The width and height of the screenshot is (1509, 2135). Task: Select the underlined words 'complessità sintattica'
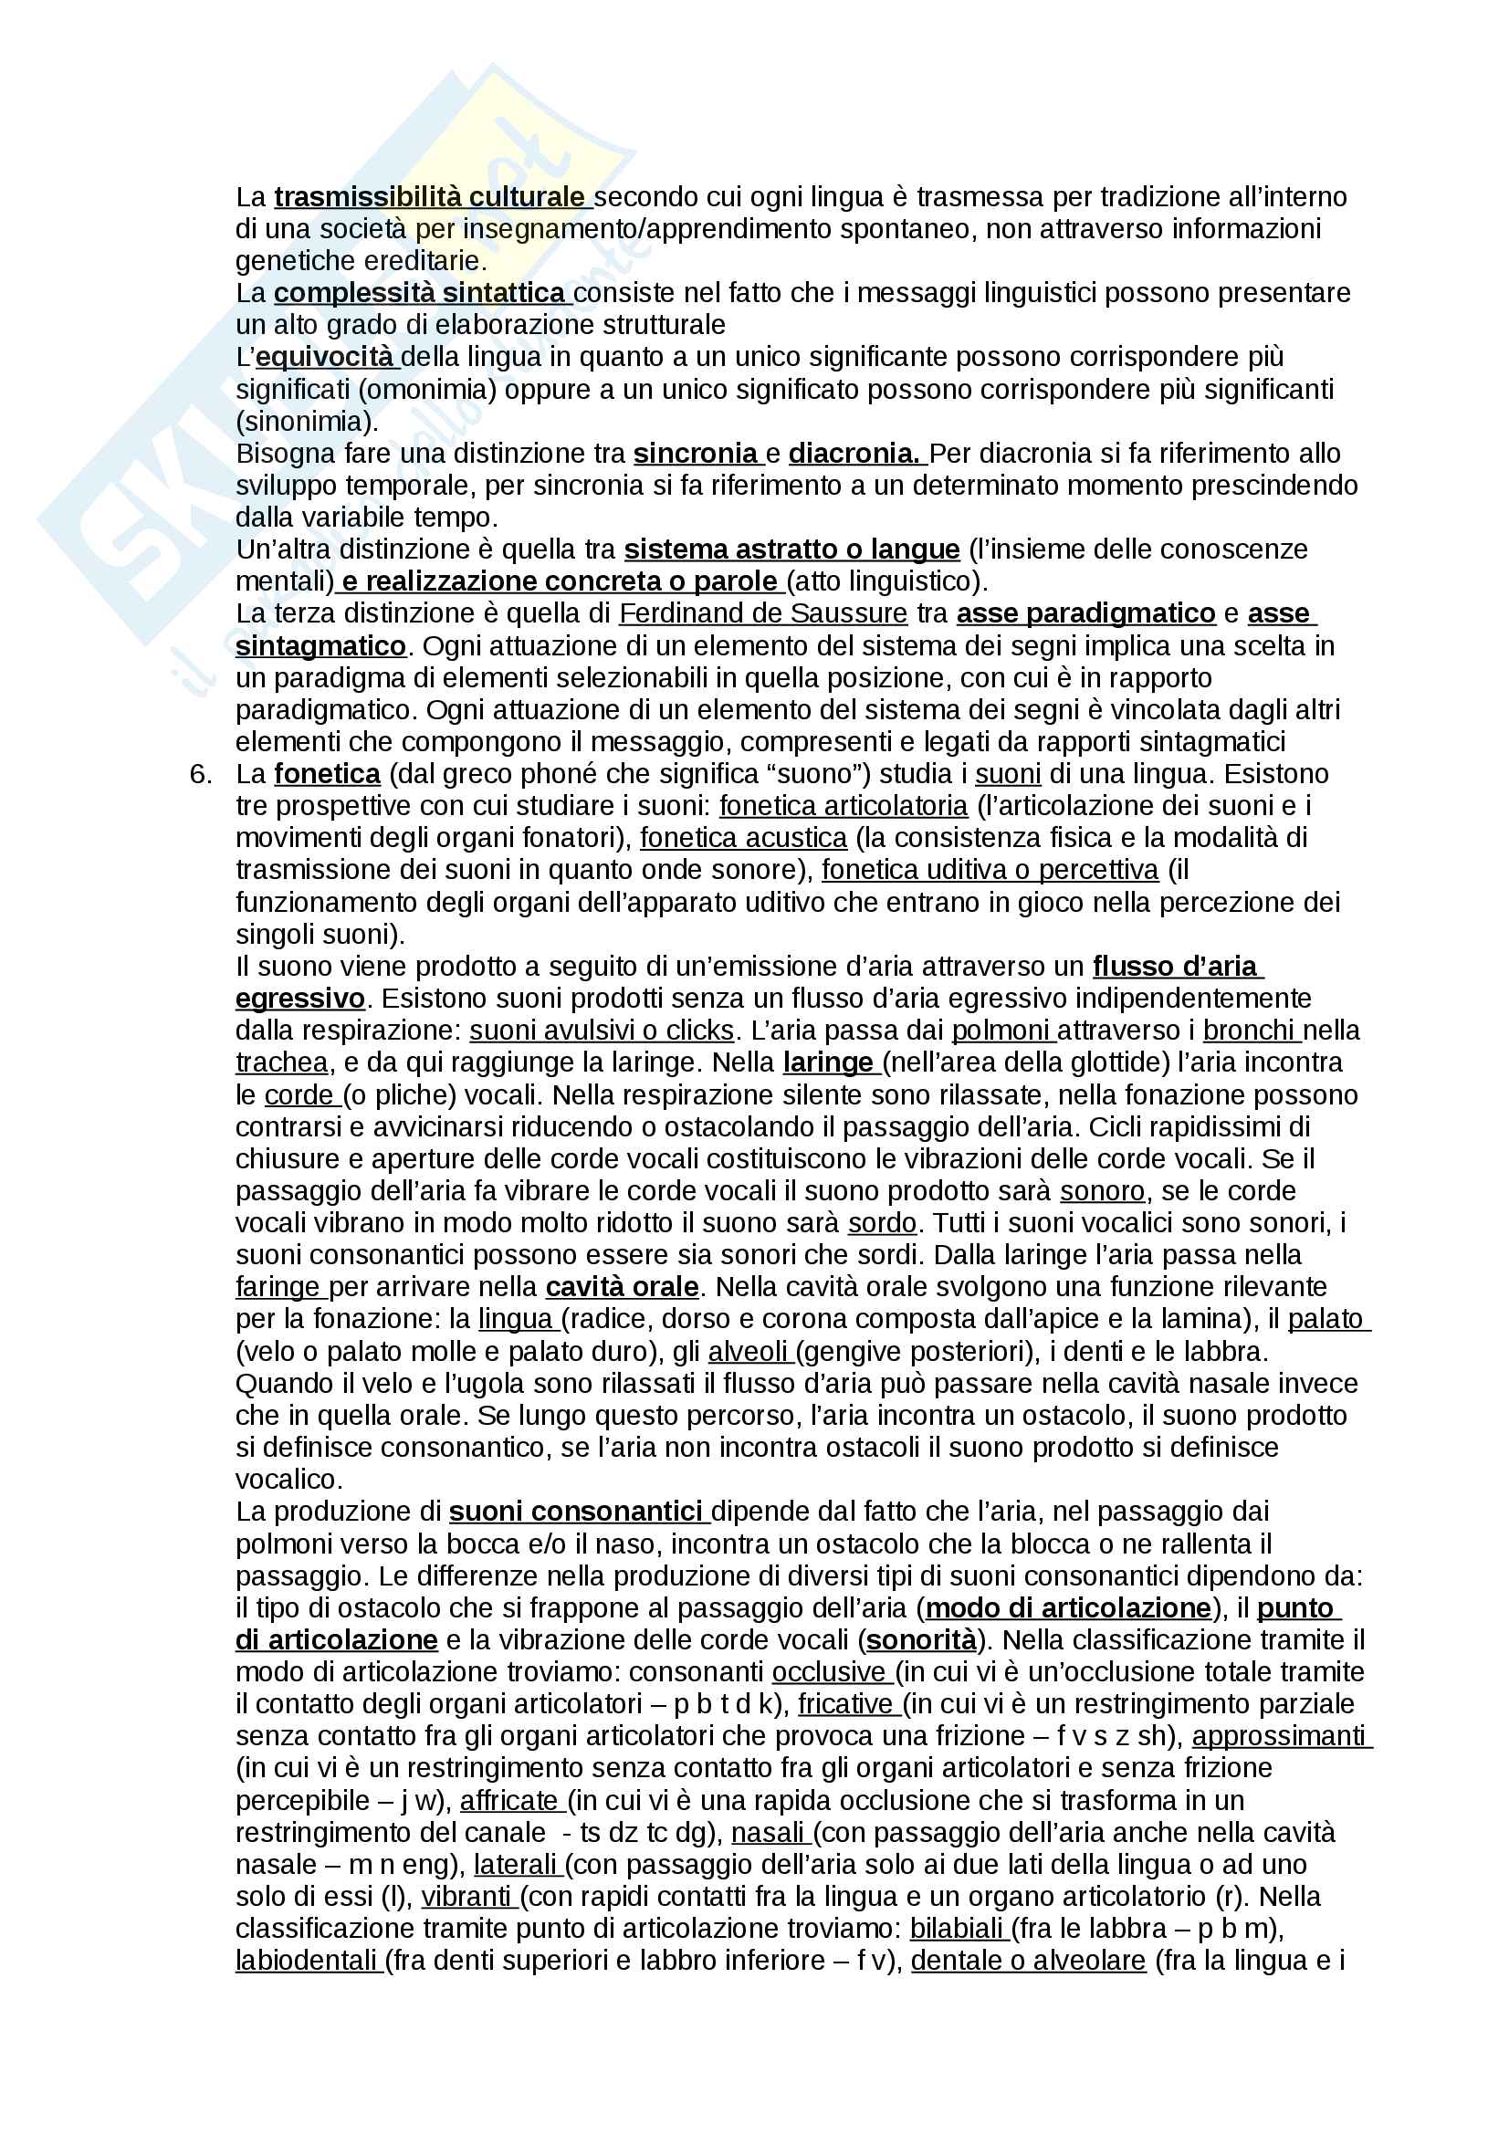click(420, 293)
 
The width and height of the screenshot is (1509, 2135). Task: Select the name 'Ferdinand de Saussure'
click(762, 613)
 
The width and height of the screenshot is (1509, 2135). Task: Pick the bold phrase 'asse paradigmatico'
click(1086, 613)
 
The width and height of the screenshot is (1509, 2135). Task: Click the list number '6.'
click(201, 775)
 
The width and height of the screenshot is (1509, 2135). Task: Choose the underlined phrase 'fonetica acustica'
click(743, 839)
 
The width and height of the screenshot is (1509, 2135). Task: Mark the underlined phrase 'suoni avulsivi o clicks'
click(602, 1031)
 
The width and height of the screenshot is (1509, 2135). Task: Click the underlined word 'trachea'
click(282, 1062)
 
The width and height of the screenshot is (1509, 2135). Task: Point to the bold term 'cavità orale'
click(622, 1288)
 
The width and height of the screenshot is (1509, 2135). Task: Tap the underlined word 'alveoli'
click(747, 1352)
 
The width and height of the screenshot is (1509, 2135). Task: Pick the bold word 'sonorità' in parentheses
click(921, 1641)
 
